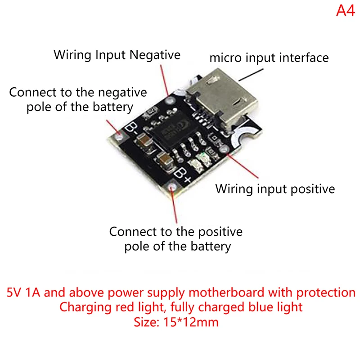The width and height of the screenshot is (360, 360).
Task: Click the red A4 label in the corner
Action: (345, 10)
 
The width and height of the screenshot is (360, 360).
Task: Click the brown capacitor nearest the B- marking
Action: (145, 140)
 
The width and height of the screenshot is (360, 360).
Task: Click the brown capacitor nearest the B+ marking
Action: (166, 160)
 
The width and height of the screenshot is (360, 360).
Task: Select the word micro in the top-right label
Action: (224, 58)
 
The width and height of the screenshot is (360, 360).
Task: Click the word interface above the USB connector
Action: (306, 58)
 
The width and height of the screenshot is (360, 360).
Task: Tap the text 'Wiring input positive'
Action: (275, 189)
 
